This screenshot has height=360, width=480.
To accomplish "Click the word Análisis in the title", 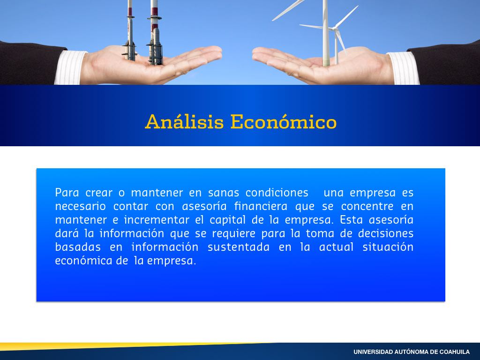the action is coord(184,121).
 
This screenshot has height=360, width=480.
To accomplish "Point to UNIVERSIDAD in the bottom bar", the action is coord(373,352).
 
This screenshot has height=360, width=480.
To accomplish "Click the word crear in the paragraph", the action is coord(99,193).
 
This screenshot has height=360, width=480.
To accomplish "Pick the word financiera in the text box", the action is coord(261,206).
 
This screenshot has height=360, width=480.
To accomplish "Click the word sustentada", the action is coord(239,247).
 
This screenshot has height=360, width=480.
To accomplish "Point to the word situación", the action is coord(388,247).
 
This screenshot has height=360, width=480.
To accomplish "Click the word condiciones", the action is coord(277,193).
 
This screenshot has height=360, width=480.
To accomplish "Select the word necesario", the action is coord(81,206).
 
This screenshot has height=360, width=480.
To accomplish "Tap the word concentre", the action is coord(367,207).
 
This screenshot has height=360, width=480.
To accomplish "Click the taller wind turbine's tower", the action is coord(326,34).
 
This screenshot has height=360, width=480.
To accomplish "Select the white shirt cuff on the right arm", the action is coord(403,68).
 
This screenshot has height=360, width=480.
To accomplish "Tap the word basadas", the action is coord(78,247).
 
